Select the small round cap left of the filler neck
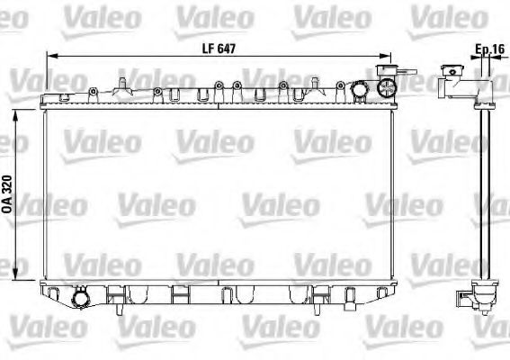(x=359, y=91)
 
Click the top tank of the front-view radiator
(x=216, y=94)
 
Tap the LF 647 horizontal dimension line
(x=135, y=57)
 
